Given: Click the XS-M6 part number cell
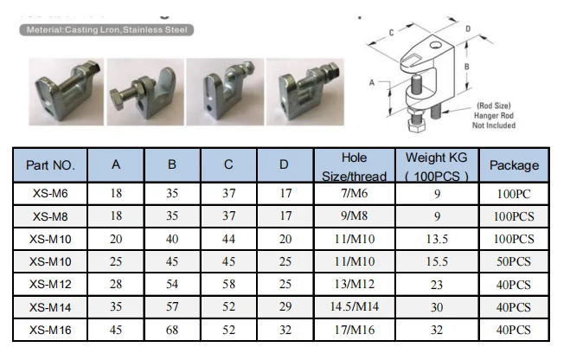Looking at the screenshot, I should [50, 193].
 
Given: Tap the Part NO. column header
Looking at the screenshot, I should [50, 164].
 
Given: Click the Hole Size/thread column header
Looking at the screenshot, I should [354, 164].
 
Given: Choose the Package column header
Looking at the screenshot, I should [514, 164].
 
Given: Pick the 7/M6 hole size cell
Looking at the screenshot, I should [354, 193].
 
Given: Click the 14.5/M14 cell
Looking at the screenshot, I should [354, 307].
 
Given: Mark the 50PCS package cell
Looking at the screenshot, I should [514, 261].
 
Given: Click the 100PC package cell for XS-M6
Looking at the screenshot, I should [514, 193].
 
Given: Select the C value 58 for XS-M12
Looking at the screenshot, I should [228, 285].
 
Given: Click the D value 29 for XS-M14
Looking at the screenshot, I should [285, 307].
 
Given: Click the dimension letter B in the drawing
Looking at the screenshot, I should [467, 66].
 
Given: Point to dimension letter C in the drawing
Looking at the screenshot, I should [392, 31].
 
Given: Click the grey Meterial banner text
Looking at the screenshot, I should [104, 29].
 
